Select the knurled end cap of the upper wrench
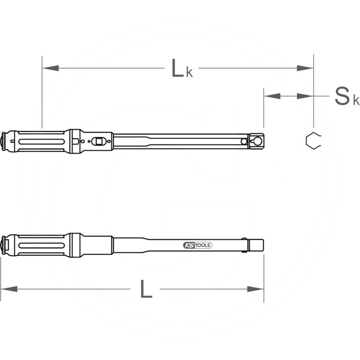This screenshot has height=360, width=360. [4, 141]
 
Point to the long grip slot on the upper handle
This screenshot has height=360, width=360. [40, 141]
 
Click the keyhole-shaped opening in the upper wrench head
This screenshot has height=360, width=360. [257, 141]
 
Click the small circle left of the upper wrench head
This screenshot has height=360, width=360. [243, 141]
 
